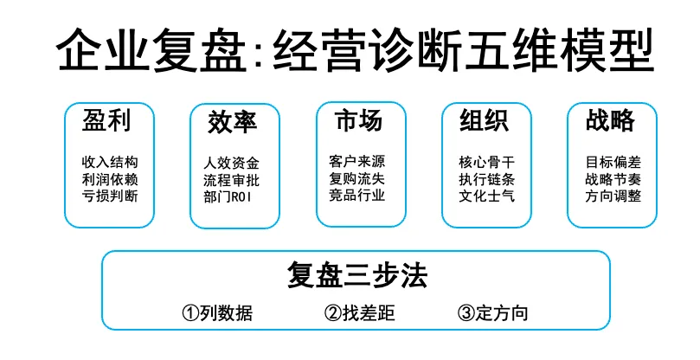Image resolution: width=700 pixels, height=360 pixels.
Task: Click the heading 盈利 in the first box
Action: click(x=106, y=121)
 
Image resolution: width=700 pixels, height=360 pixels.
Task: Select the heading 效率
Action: click(x=232, y=122)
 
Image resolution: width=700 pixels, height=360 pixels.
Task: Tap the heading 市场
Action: click(x=357, y=120)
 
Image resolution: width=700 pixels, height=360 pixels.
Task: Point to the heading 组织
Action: click(x=483, y=120)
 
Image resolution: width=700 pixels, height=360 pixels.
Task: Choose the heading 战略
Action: click(x=609, y=121)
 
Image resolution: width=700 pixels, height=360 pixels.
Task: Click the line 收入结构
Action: click(x=108, y=163)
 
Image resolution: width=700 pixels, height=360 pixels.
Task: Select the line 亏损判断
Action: click(x=108, y=196)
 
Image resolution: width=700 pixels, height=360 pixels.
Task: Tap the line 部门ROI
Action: click(x=231, y=196)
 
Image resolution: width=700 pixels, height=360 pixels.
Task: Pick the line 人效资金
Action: click(x=231, y=163)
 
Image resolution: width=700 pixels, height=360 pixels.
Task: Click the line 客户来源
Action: click(x=357, y=162)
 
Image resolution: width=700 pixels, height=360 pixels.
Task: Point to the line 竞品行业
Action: click(x=357, y=195)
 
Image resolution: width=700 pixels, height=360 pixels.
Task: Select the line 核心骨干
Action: click(x=484, y=163)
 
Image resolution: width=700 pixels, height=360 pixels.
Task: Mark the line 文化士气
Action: click(x=484, y=196)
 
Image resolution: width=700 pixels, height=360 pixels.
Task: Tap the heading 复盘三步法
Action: click(x=356, y=276)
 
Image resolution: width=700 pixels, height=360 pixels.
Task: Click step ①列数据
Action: click(x=217, y=313)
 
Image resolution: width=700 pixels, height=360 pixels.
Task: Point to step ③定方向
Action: click(x=492, y=313)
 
